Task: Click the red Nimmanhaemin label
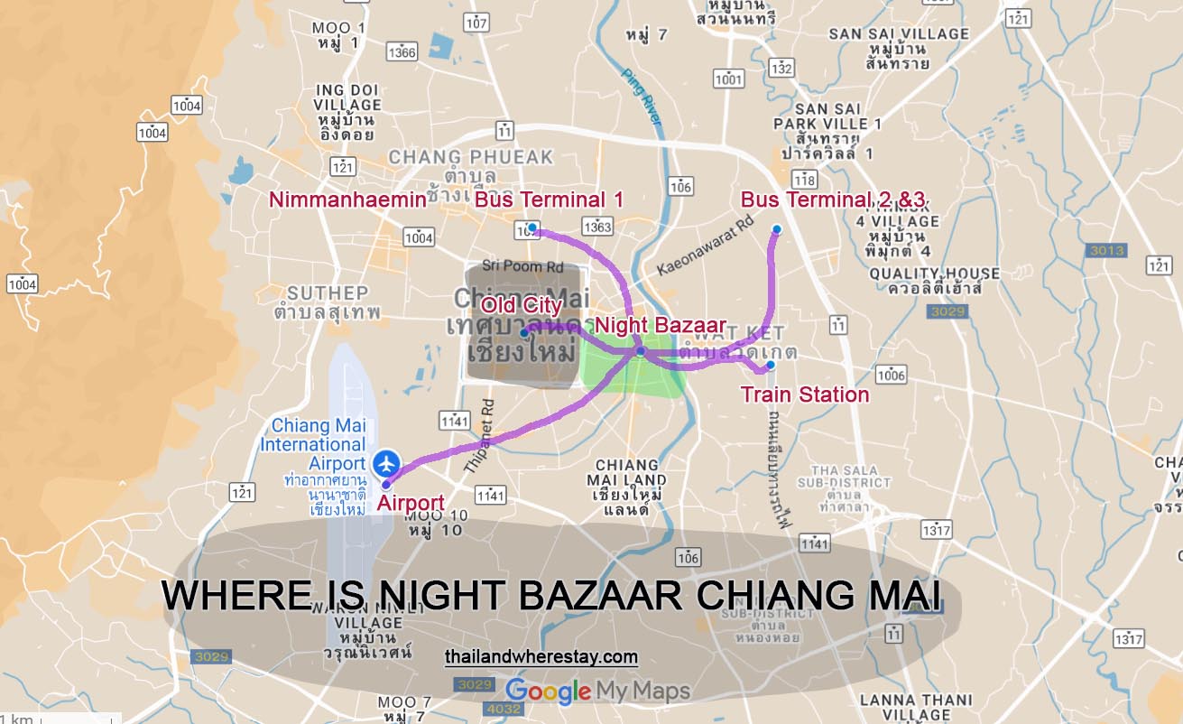pos(347,200)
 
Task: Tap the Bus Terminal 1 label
pos(549,200)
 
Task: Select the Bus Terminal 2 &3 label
pos(833,200)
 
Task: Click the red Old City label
pos(521,305)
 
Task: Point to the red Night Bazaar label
pos(660,325)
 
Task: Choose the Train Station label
pos(805,394)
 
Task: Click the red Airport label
pos(411,503)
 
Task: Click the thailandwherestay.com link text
pos(541,657)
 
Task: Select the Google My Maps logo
pos(597,692)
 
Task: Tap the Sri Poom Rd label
pos(522,266)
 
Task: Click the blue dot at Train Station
pos(770,366)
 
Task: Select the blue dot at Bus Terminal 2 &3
pos(776,229)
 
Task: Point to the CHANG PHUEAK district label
pos(470,157)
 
